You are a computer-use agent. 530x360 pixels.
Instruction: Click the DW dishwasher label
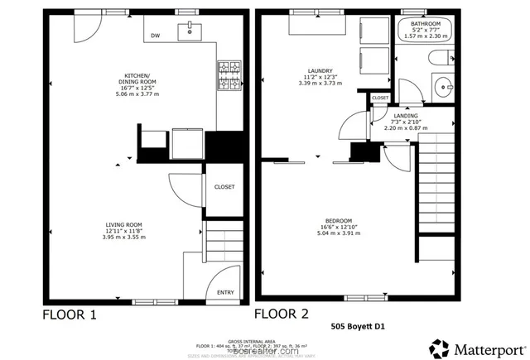(155, 36)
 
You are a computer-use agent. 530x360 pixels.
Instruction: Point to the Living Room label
(124, 230)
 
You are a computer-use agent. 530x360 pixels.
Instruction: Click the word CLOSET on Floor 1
(224, 187)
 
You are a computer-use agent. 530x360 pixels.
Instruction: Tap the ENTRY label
(225, 292)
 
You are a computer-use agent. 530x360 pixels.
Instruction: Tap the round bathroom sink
(444, 84)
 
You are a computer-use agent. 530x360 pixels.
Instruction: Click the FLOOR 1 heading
(70, 314)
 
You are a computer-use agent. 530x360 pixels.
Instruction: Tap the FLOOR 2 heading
(282, 314)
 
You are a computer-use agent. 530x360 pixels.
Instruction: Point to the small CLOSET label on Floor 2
(380, 98)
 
